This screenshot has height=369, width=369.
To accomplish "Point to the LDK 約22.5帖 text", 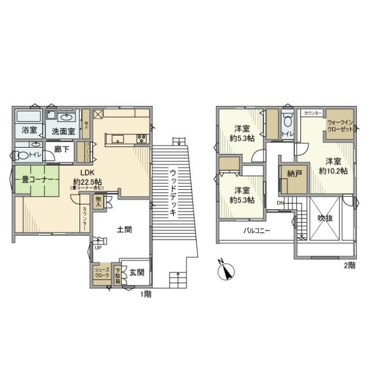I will tap(87, 178).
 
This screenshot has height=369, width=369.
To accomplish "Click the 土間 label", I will tap(124, 229).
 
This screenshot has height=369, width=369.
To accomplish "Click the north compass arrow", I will tap(226, 270).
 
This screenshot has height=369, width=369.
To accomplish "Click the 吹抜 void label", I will tap(325, 219).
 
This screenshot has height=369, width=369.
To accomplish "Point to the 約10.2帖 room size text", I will tap(333, 171).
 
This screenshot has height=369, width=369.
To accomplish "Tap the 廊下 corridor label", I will tap(63, 148).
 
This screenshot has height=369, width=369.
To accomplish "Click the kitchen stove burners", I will tap(142, 139).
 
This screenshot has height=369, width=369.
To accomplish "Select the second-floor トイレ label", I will tap(287, 134).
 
